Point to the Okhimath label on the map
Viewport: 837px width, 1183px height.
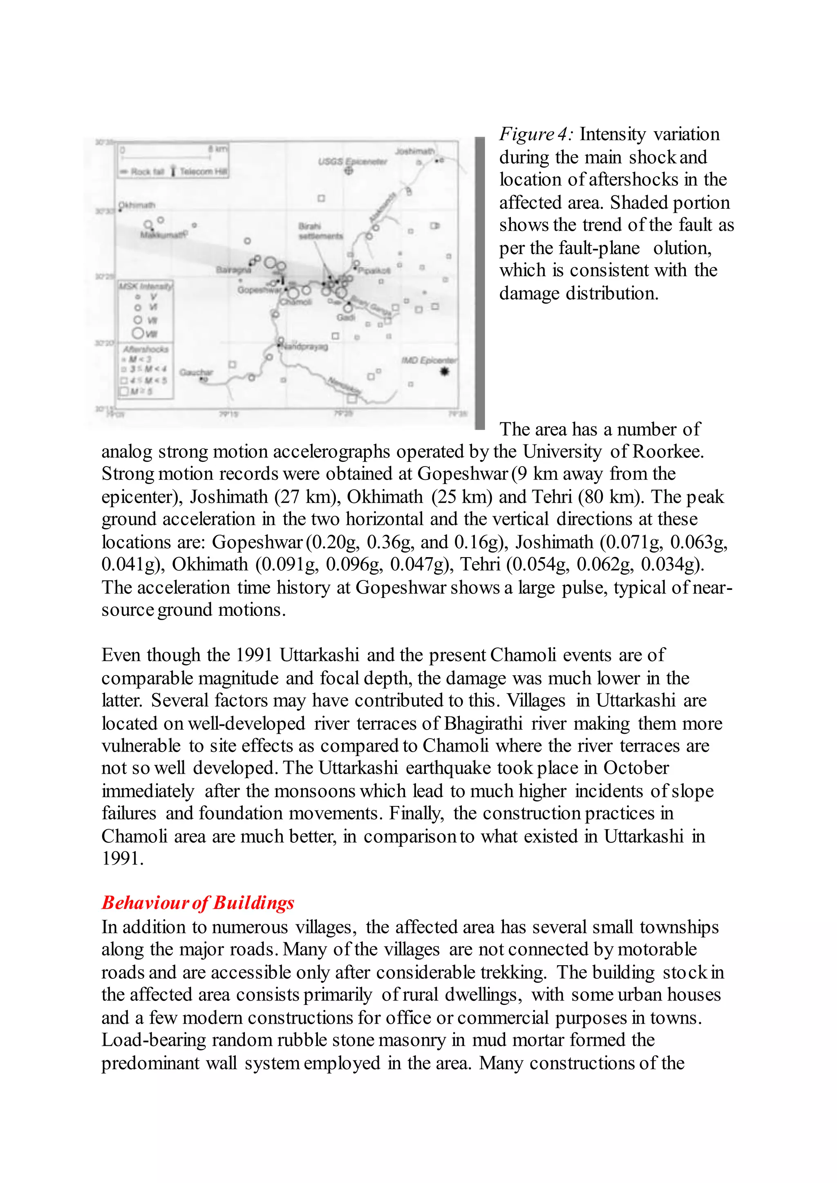pos(137,205)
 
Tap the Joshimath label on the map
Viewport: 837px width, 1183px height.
pos(414,151)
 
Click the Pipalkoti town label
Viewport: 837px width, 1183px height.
pos(375,270)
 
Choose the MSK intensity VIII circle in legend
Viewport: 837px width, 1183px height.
pos(139,333)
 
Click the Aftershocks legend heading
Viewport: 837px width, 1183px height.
pos(145,349)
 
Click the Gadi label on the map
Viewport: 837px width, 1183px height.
pos(346,317)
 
